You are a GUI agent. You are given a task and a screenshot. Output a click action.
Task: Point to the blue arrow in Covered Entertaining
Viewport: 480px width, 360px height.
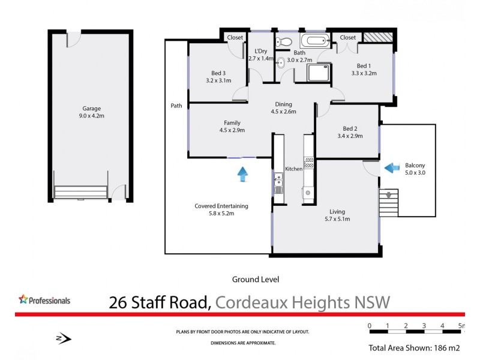click(x=242, y=174)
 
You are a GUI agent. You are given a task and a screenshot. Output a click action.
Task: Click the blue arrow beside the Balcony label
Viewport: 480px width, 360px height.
click(x=392, y=167)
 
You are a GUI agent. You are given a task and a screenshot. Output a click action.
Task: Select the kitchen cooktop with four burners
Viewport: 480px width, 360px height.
click(x=309, y=163)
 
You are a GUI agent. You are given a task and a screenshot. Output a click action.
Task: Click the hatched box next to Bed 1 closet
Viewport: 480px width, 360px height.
click(x=379, y=37)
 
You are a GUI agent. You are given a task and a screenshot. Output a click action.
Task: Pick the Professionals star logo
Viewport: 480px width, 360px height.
click(x=24, y=299)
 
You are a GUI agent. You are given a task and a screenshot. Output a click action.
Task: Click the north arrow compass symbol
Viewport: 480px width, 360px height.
click(x=64, y=339)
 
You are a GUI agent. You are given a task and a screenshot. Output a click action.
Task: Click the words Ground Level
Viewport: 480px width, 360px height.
click(x=256, y=279)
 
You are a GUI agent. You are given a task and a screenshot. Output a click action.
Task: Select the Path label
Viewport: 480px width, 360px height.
click(x=176, y=106)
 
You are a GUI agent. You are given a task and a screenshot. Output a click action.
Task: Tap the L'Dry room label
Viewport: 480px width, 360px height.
click(x=261, y=51)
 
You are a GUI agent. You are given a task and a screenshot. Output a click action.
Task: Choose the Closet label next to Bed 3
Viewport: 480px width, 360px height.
click(x=235, y=37)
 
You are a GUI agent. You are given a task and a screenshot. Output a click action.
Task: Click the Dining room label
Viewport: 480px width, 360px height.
click(x=284, y=103)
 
